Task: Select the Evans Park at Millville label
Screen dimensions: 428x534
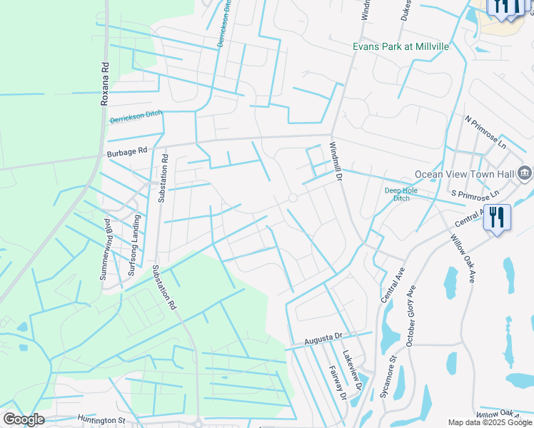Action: pyautogui.click(x=401, y=46)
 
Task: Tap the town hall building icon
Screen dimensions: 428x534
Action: pyautogui.click(x=525, y=173)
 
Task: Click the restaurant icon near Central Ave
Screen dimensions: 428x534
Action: pyautogui.click(x=498, y=217)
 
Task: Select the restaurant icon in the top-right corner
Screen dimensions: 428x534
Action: pyautogui.click(x=508, y=6)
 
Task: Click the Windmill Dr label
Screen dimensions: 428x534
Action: pyautogui.click(x=336, y=161)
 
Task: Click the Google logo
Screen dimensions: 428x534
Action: pyautogui.click(x=24, y=419)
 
